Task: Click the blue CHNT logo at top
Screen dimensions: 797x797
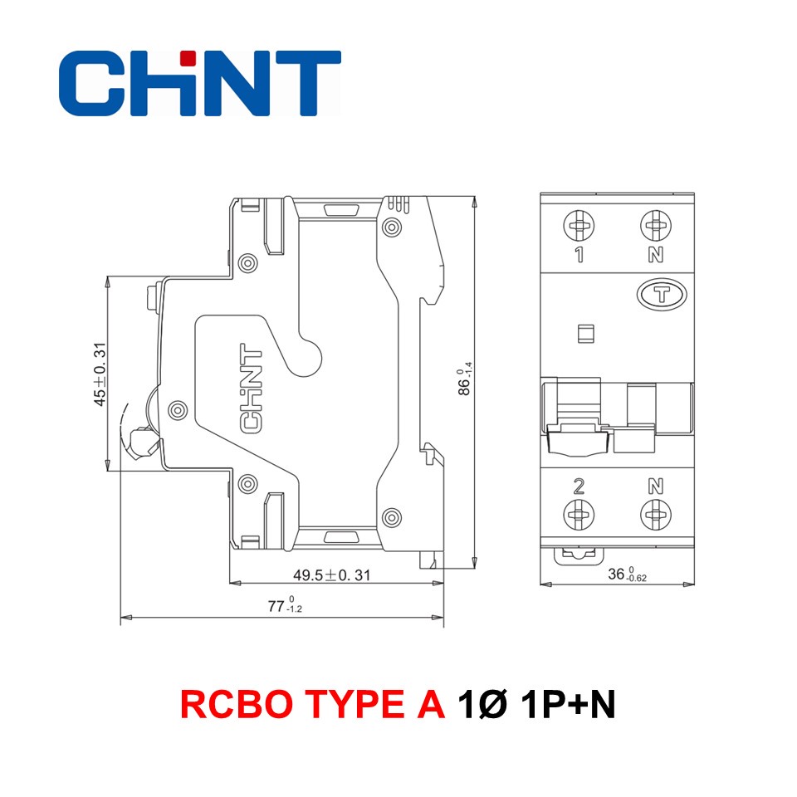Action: click(x=200, y=82)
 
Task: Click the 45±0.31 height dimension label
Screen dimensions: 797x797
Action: click(x=100, y=374)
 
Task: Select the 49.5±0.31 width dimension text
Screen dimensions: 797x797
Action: click(x=332, y=575)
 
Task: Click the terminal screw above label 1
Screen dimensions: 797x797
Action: click(x=579, y=225)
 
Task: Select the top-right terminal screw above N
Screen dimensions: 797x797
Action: click(x=655, y=225)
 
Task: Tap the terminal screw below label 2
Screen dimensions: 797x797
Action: click(x=579, y=515)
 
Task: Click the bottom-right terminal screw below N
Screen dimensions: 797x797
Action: click(x=655, y=515)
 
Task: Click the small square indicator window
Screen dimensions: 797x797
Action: click(x=584, y=334)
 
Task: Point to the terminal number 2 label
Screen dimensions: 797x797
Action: click(x=579, y=487)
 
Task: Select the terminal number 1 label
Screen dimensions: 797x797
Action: click(x=579, y=255)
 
